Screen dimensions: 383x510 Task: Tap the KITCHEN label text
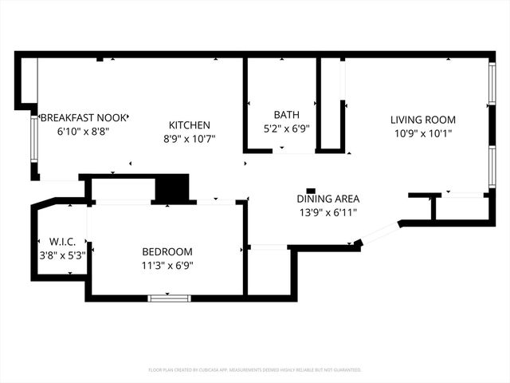click(190, 125)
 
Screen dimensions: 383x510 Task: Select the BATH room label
click(286, 115)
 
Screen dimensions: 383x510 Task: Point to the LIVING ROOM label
click(423, 120)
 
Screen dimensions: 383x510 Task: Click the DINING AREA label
click(328, 199)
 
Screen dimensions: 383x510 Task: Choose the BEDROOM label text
click(167, 252)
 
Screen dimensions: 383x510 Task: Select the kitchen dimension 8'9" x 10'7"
click(190, 138)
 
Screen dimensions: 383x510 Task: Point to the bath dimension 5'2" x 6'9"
click(286, 128)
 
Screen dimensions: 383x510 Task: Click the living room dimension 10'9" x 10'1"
click(423, 133)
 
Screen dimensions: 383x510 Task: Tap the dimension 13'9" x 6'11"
click(328, 212)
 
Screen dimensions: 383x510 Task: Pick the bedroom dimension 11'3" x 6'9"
click(167, 266)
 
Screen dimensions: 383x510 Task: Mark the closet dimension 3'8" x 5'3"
click(61, 255)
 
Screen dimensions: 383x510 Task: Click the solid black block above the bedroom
click(171, 189)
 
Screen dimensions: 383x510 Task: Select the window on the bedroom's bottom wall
click(169, 298)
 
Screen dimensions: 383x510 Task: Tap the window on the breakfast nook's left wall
click(33, 140)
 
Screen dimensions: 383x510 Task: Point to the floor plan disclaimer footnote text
click(255, 370)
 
